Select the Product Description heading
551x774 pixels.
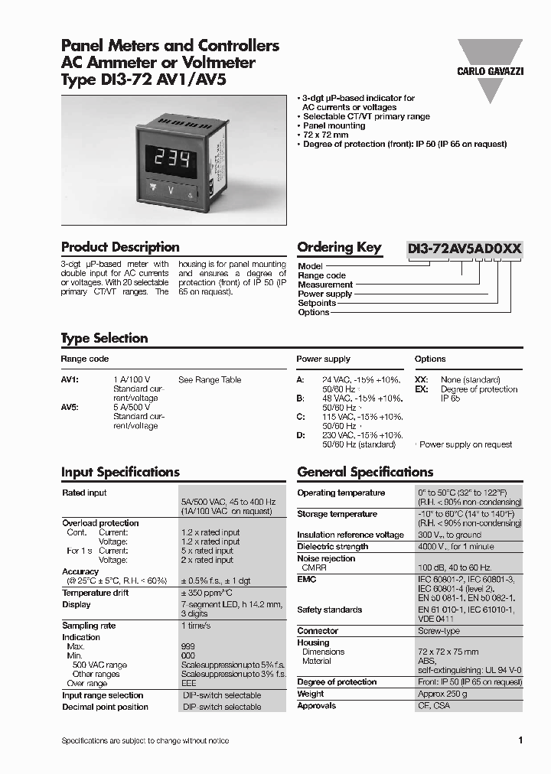point(120,247)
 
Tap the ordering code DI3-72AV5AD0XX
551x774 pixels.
point(465,248)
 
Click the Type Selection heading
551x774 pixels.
point(104,338)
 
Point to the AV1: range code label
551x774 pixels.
point(70,379)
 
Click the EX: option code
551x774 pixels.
point(421,389)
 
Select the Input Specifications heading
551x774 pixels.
point(120,472)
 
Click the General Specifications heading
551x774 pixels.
point(365,472)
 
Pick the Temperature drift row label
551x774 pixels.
point(96,593)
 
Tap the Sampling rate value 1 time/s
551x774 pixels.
point(197,626)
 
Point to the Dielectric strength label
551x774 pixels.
point(332,547)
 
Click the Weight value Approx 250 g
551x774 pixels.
point(442,694)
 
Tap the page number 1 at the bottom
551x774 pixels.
point(520,740)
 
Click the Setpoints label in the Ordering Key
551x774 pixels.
point(317,303)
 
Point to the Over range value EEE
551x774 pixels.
point(188,683)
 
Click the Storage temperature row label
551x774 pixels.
point(337,514)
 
